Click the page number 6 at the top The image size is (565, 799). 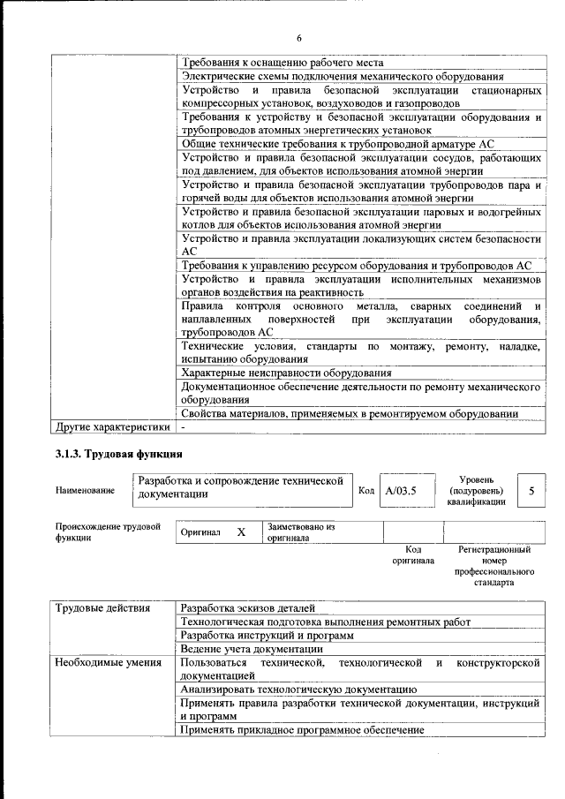coord(299,37)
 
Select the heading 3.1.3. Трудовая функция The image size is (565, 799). coord(114,454)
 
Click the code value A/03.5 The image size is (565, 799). coord(400,490)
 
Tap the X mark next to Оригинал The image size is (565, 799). coord(240,533)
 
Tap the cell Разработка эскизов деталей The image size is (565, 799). coord(246,608)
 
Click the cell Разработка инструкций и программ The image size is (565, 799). coord(266,636)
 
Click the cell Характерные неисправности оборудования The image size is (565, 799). coord(274,373)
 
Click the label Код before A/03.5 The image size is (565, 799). coord(366,490)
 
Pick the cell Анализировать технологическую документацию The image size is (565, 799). coord(298,690)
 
